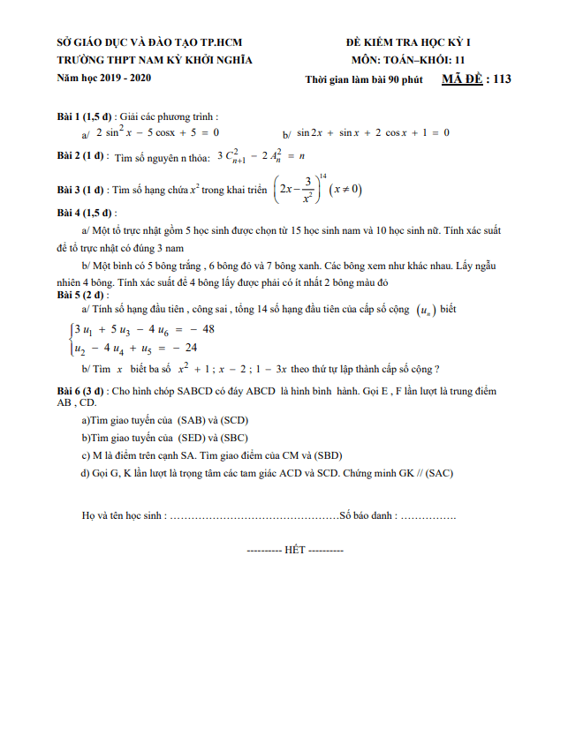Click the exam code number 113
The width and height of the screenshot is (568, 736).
tap(503, 79)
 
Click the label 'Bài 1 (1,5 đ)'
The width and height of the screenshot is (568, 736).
tap(85, 116)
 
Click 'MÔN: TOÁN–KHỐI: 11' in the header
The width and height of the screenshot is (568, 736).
tap(407, 60)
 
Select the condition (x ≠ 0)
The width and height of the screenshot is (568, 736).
tap(345, 189)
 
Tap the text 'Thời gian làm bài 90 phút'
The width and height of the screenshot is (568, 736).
tap(363, 80)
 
